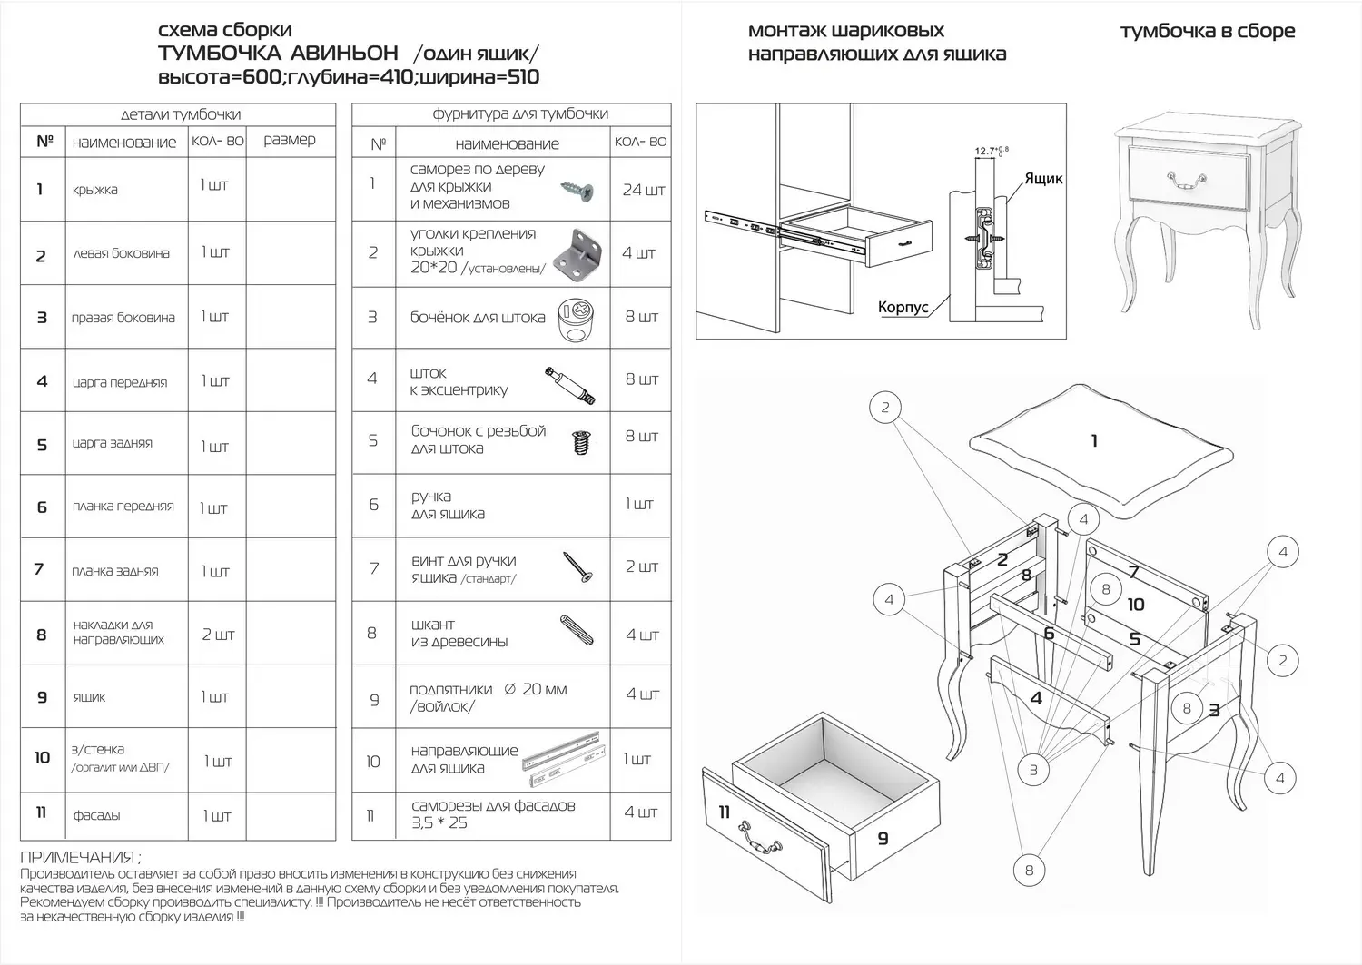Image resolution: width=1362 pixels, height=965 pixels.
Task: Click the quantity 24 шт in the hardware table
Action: (x=643, y=190)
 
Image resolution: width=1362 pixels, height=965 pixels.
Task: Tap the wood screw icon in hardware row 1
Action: (x=577, y=190)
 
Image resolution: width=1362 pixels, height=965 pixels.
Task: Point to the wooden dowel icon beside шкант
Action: (x=577, y=629)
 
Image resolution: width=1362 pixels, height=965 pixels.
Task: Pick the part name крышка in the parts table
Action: (x=95, y=190)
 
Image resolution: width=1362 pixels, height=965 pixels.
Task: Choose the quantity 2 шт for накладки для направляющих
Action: (x=218, y=635)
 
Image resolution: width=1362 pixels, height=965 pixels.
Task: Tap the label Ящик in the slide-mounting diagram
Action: (x=1043, y=179)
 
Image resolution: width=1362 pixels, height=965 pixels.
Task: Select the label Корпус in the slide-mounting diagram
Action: (x=903, y=308)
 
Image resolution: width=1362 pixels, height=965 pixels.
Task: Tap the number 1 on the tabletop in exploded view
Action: (x=1094, y=440)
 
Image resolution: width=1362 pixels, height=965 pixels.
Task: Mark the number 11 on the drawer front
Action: (x=724, y=812)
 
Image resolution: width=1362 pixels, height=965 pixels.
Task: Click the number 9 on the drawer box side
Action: (x=883, y=840)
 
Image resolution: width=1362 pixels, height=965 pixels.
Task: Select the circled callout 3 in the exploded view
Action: (x=1032, y=771)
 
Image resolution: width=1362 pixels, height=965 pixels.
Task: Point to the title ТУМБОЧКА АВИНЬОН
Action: (x=278, y=54)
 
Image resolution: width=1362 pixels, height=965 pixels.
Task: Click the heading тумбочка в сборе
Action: (x=1208, y=32)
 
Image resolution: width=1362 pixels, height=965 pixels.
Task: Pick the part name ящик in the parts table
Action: (x=89, y=697)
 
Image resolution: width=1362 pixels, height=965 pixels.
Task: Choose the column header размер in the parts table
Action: (x=290, y=140)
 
